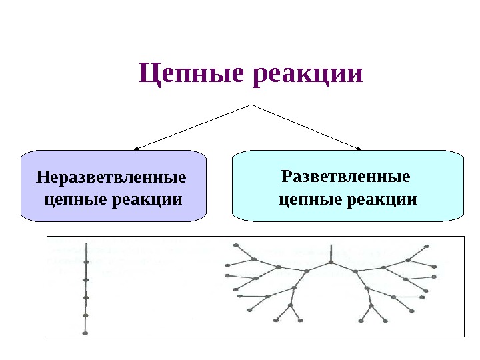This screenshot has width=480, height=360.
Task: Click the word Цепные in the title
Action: [x=193, y=73]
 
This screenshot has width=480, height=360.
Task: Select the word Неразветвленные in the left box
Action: [x=111, y=179]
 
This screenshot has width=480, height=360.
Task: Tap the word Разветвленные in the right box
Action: [x=345, y=177]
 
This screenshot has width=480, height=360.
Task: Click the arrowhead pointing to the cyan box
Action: [x=360, y=148]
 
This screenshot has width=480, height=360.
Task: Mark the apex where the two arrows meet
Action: [x=251, y=105]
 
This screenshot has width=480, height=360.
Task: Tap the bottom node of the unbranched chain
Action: [x=85, y=331]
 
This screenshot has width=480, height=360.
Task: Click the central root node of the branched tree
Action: [x=331, y=263]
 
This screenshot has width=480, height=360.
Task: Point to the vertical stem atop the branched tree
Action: [x=331, y=253]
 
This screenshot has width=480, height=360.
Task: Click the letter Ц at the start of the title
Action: [x=148, y=73]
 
